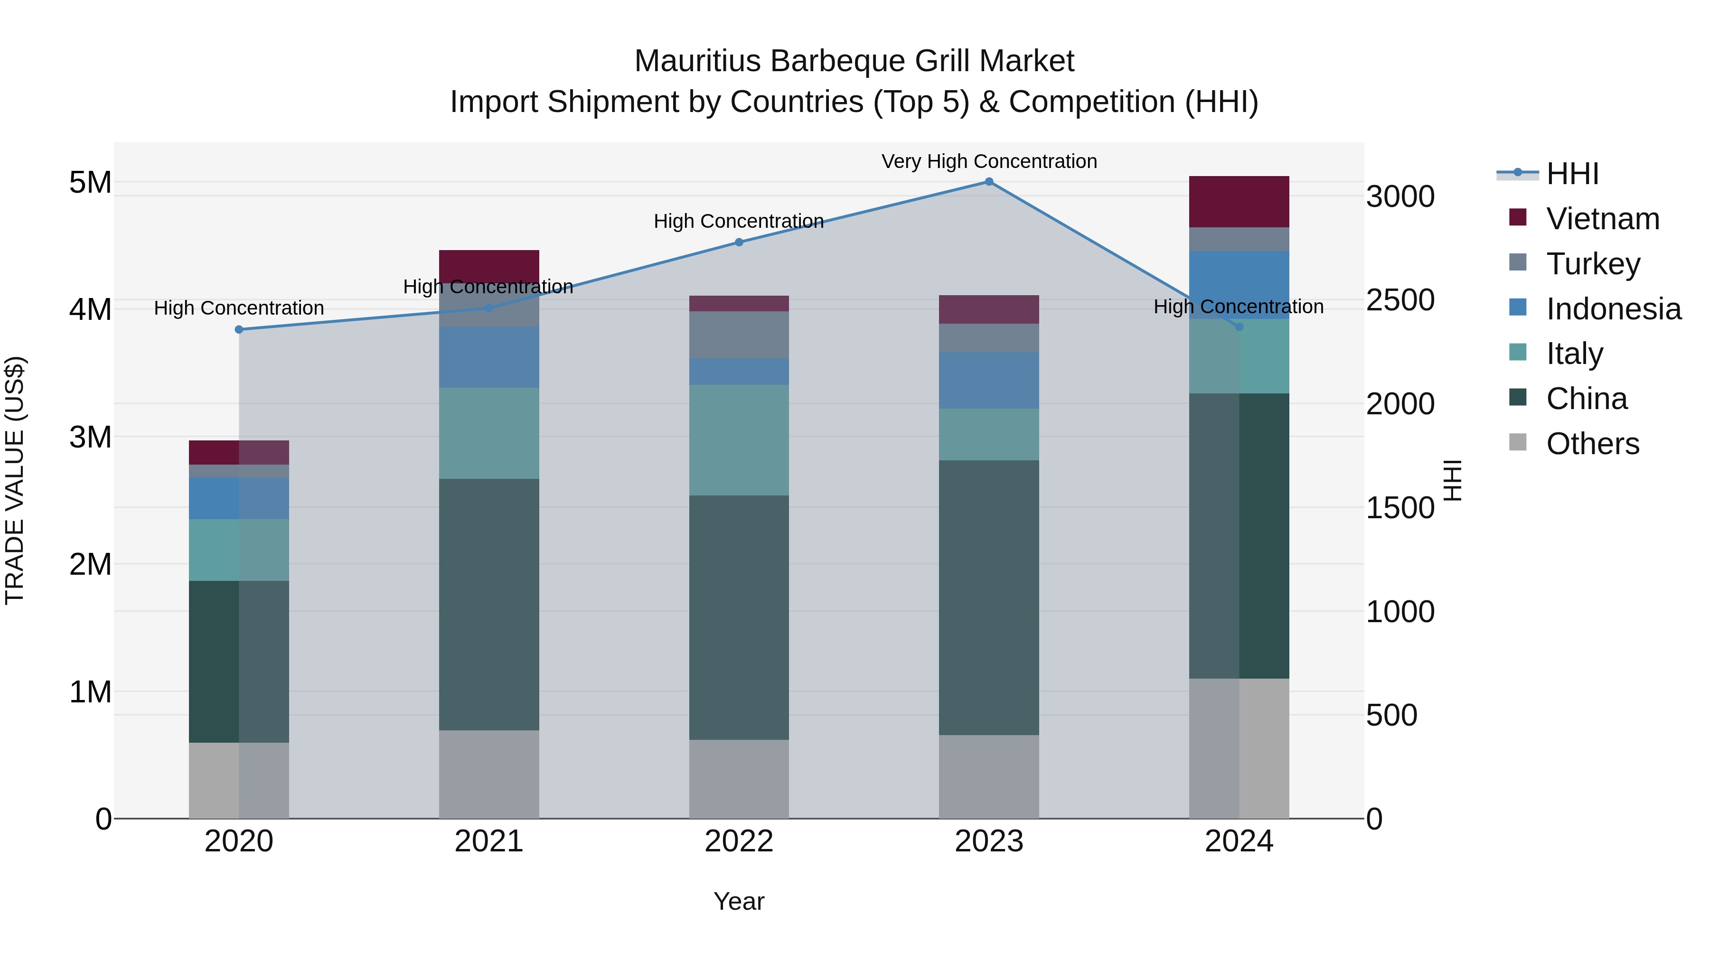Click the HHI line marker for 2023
click(x=988, y=182)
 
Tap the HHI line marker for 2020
click(x=239, y=330)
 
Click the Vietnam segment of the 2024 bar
click(x=1239, y=202)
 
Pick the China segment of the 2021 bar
click(x=489, y=604)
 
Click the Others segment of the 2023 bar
click(x=988, y=776)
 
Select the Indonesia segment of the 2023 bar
click(x=988, y=380)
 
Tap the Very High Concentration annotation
click(x=988, y=161)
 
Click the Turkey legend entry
click(x=1592, y=263)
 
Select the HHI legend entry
click(x=1572, y=174)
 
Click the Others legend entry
click(x=1592, y=443)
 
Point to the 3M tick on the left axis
click(x=90, y=437)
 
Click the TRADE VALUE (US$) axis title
click(x=15, y=480)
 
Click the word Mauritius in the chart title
click(x=696, y=61)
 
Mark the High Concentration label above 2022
click(x=738, y=221)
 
